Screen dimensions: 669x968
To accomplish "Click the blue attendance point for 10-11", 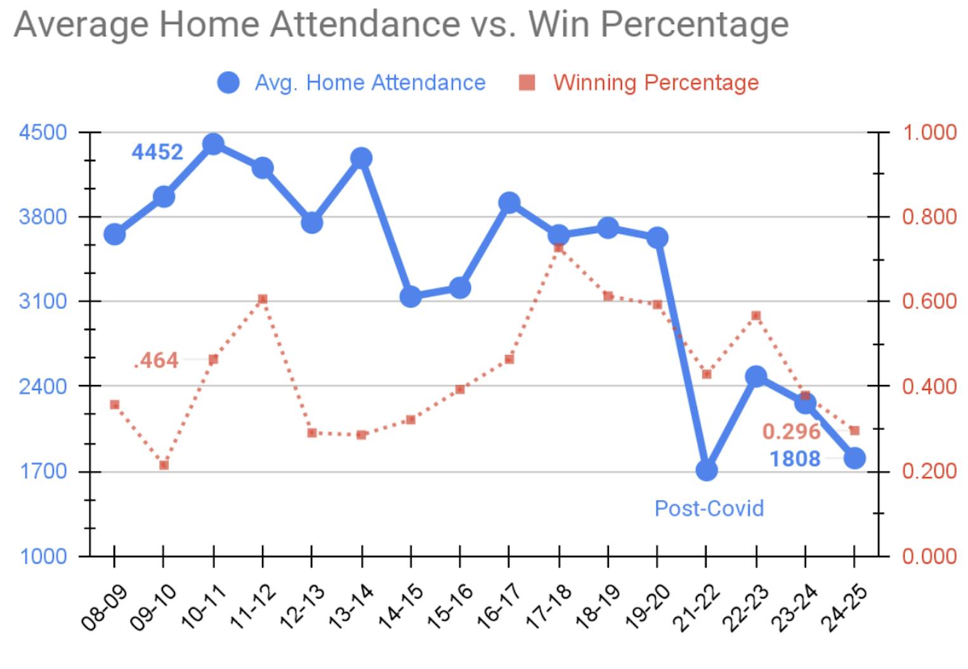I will click(x=213, y=145).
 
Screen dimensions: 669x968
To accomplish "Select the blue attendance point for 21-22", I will click(x=706, y=471).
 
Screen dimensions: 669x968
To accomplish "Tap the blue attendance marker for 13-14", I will click(x=361, y=158).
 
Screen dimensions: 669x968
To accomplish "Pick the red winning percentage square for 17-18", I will click(x=558, y=247).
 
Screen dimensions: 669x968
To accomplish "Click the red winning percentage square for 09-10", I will click(x=164, y=465).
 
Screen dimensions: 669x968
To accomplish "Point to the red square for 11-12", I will click(x=263, y=299).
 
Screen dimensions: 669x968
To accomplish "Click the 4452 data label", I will click(x=157, y=152).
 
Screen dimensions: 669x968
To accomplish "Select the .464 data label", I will click(x=157, y=360).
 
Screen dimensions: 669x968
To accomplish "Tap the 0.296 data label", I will click(x=791, y=432).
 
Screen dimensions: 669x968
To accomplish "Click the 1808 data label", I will click(x=795, y=458).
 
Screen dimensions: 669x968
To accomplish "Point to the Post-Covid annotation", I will click(x=709, y=509).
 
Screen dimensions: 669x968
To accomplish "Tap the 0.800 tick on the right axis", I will click(x=929, y=217).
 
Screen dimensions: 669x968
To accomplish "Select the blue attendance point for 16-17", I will click(x=509, y=203).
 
